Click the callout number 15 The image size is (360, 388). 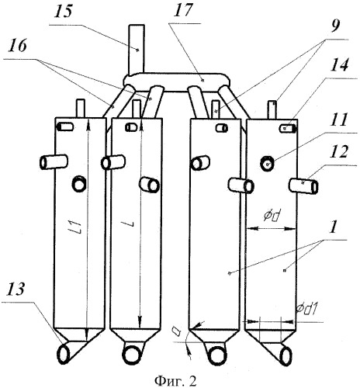(x=64, y=11)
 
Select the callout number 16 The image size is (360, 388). (x=17, y=47)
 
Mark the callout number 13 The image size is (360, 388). (x=16, y=289)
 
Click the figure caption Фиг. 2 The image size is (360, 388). (x=175, y=380)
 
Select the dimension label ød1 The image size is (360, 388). (x=307, y=308)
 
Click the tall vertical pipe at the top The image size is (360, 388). (x=137, y=49)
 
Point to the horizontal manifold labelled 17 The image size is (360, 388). (x=177, y=81)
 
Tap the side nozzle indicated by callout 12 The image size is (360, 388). (x=303, y=185)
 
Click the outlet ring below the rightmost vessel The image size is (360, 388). (x=286, y=356)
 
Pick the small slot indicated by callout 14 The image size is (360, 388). (x=287, y=129)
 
